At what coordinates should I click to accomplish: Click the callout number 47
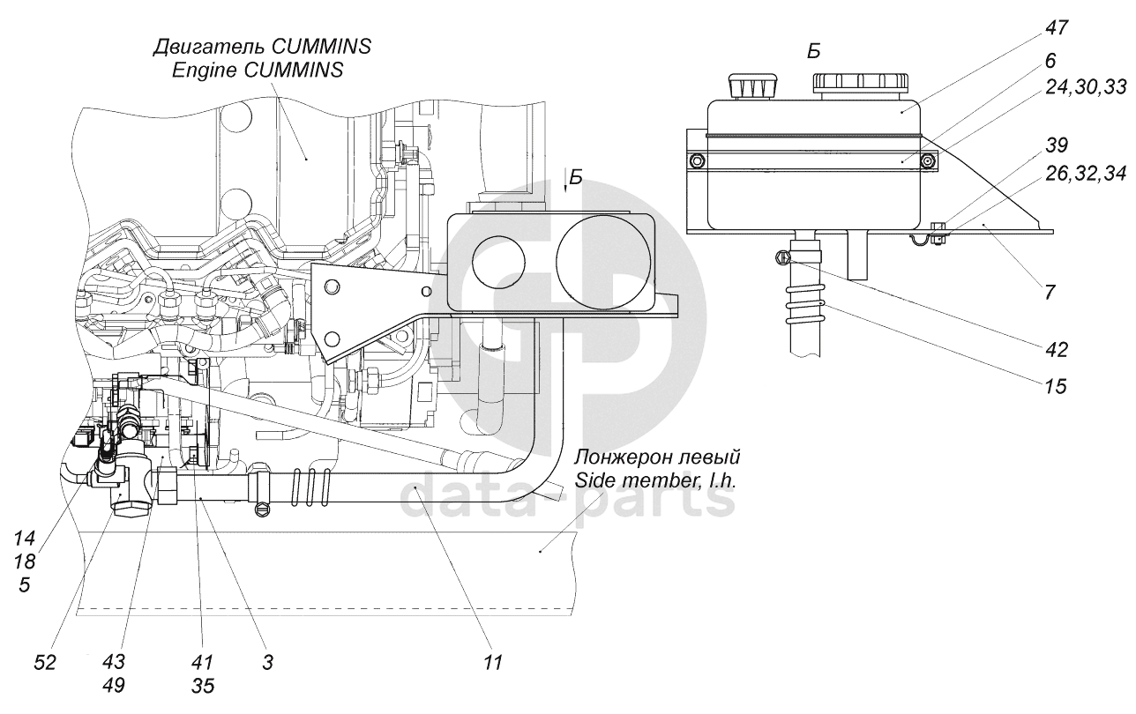(x=1057, y=27)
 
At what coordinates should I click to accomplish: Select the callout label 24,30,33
(x=1085, y=87)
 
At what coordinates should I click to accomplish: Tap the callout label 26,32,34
(x=1085, y=174)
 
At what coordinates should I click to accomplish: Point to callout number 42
(x=1057, y=350)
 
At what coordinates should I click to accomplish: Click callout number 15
(x=1055, y=387)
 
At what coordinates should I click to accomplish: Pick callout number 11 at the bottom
(x=492, y=662)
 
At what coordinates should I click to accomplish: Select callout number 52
(x=45, y=662)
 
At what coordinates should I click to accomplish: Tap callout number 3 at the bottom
(x=267, y=662)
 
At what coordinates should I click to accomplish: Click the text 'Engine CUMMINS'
(x=258, y=70)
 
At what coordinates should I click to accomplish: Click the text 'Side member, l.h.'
(x=654, y=480)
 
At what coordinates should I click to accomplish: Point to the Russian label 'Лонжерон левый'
(x=657, y=457)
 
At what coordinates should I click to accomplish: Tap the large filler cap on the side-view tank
(x=861, y=84)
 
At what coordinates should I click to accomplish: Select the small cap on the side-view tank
(x=752, y=86)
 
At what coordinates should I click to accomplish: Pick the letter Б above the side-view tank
(x=813, y=52)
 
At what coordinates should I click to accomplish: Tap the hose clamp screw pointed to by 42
(x=781, y=258)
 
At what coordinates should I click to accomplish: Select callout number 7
(x=1050, y=293)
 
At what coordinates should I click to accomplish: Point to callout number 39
(x=1057, y=145)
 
